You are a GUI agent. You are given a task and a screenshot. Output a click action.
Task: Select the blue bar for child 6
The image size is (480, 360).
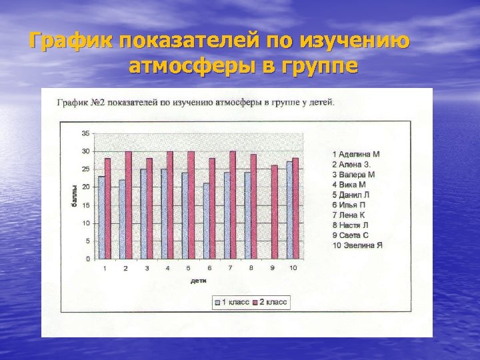click(206, 221)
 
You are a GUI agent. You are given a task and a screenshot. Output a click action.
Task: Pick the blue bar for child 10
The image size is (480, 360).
click(289, 209)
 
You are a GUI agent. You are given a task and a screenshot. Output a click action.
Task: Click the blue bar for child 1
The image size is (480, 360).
click(101, 217)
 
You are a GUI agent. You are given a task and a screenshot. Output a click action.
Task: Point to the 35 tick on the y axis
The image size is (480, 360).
click(85, 133)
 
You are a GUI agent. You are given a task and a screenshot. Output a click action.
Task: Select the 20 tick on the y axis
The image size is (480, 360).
click(85, 187)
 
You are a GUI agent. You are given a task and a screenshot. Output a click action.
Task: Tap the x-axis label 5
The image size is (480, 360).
click(189, 268)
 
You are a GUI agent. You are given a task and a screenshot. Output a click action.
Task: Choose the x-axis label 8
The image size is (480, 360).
click(251, 268)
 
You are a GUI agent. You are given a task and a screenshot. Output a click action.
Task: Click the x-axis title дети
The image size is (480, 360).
click(198, 281)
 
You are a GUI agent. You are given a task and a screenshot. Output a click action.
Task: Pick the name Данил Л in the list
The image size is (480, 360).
click(356, 195)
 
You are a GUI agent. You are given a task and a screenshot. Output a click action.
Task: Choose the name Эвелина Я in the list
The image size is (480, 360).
click(361, 245)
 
